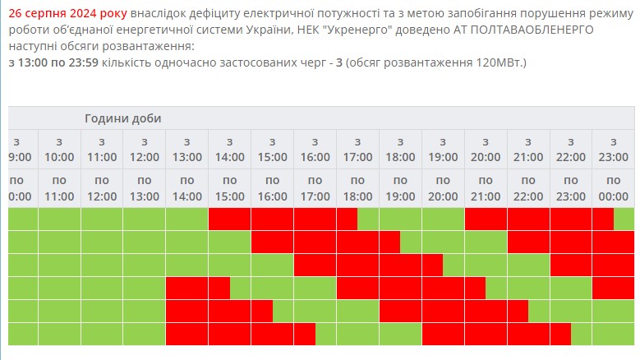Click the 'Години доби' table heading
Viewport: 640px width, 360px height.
click(x=122, y=118)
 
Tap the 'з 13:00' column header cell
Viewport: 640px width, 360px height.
click(x=186, y=149)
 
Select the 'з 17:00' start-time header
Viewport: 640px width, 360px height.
click(x=357, y=149)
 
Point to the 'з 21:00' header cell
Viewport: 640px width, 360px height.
click(x=528, y=149)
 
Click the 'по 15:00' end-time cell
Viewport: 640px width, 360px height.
click(x=229, y=188)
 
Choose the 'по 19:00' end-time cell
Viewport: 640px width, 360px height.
click(x=400, y=188)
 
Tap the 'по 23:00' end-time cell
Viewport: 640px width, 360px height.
click(x=571, y=188)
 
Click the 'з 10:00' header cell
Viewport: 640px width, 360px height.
click(x=59, y=149)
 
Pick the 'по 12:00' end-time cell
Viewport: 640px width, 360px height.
click(x=102, y=188)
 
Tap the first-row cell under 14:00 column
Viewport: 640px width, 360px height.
click(x=229, y=219)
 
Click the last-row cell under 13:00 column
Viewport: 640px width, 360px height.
click(x=186, y=334)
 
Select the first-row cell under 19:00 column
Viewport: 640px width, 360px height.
click(x=443, y=219)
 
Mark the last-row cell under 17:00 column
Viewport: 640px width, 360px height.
click(x=357, y=334)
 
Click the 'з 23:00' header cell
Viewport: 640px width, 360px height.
click(x=613, y=149)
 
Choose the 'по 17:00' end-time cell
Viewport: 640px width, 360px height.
click(x=315, y=188)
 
